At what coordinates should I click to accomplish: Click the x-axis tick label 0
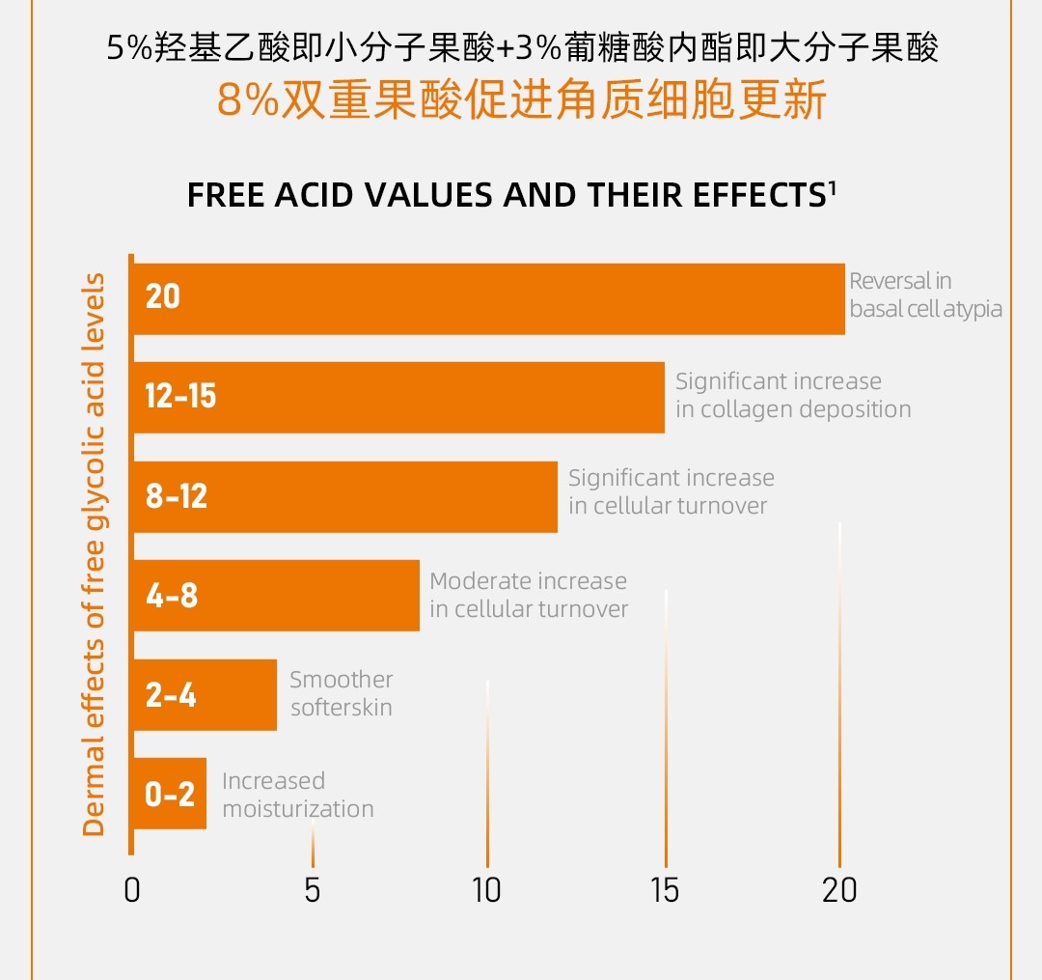coord(132,889)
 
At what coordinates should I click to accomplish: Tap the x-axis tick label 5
coord(312,889)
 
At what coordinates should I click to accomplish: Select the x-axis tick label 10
coord(486,889)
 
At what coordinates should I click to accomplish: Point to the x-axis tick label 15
coord(665,889)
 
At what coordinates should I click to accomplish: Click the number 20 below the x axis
coord(839,889)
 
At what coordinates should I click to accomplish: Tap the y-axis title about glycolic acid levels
coord(94,555)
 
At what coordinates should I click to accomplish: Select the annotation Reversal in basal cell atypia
coord(924,295)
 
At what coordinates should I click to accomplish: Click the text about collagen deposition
coord(792,395)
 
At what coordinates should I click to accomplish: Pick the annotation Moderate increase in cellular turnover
coord(529,595)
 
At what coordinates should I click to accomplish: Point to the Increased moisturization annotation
coord(297,795)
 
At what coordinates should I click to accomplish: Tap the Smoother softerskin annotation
coord(342,693)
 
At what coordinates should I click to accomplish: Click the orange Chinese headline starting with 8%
coord(522,100)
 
